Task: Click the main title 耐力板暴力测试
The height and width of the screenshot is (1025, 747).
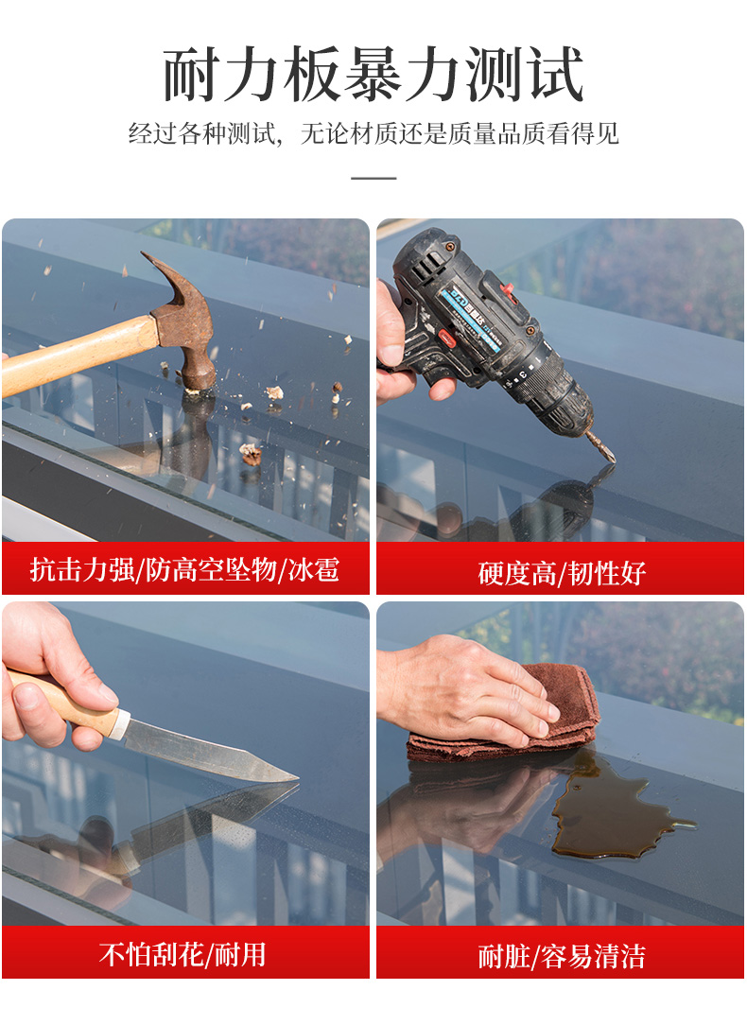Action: [x=373, y=74]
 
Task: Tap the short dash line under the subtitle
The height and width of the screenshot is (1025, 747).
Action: [x=373, y=178]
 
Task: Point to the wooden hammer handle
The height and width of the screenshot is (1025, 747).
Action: [x=79, y=352]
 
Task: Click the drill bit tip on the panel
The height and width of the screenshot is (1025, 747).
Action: [x=613, y=460]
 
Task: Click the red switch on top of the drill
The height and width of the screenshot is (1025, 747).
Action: [x=508, y=289]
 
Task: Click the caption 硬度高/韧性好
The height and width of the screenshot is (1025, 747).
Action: [x=562, y=573]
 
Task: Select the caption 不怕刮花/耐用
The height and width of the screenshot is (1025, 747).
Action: [x=182, y=954]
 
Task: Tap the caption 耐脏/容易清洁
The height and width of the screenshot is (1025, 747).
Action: [x=562, y=956]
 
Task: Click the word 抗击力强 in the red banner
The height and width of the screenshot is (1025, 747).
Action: [x=82, y=569]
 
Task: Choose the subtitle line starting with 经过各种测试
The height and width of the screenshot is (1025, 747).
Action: [x=373, y=134]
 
